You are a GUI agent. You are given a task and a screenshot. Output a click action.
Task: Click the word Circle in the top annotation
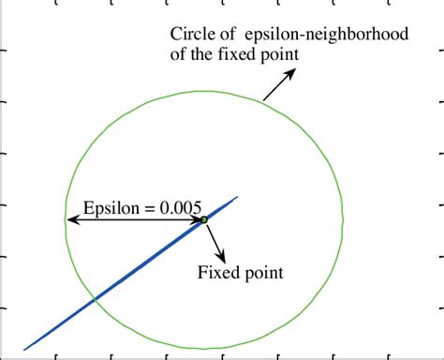(x=192, y=35)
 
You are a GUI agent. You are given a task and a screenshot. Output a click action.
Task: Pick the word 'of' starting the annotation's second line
(x=178, y=55)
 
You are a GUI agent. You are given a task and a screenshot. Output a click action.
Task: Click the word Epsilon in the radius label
(x=111, y=208)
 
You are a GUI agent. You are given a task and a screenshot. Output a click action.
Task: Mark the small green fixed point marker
(x=203, y=219)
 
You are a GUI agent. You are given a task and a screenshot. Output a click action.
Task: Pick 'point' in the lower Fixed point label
(x=262, y=275)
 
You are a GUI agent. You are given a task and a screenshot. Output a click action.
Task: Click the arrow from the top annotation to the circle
(x=276, y=87)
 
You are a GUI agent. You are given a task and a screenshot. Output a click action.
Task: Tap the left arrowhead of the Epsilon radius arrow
(x=70, y=221)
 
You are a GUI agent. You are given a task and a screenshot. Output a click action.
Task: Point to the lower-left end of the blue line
(x=25, y=350)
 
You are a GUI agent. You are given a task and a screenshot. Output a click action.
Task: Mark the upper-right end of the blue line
(x=238, y=197)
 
